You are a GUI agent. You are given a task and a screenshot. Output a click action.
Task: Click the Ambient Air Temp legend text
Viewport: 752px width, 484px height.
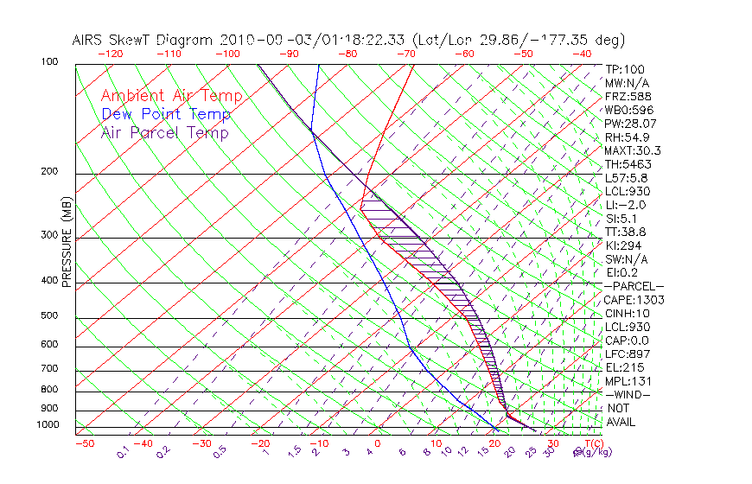(x=171, y=96)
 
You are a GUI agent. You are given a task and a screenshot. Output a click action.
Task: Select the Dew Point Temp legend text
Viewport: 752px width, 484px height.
(x=166, y=114)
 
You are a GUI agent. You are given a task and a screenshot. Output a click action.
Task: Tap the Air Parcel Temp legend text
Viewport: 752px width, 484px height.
(x=164, y=132)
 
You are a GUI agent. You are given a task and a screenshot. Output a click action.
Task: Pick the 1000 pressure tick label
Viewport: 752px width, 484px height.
(x=48, y=424)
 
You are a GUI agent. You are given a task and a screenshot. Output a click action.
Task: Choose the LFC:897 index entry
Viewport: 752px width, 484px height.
(x=626, y=353)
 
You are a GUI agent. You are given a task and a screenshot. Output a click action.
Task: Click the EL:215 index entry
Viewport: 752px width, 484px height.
(x=622, y=367)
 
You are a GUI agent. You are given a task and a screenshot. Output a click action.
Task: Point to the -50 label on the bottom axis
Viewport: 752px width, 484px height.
(x=84, y=443)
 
